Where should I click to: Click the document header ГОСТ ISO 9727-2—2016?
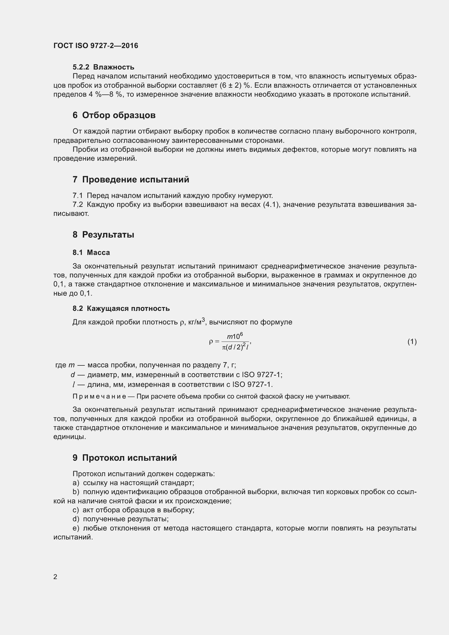96,46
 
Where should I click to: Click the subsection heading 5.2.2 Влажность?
103,67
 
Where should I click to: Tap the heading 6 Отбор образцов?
114,115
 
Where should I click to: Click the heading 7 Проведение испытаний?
131,179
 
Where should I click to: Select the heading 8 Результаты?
103,235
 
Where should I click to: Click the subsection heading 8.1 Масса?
91,252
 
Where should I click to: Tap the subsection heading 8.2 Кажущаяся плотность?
121,308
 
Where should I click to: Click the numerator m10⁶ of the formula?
235,336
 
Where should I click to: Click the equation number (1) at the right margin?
412,342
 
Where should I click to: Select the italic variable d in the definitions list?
73,374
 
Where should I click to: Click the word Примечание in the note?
99,396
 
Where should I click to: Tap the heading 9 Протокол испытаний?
125,458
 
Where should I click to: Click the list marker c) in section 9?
75,510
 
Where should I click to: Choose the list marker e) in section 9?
76,528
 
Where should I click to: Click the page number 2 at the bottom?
55,577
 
